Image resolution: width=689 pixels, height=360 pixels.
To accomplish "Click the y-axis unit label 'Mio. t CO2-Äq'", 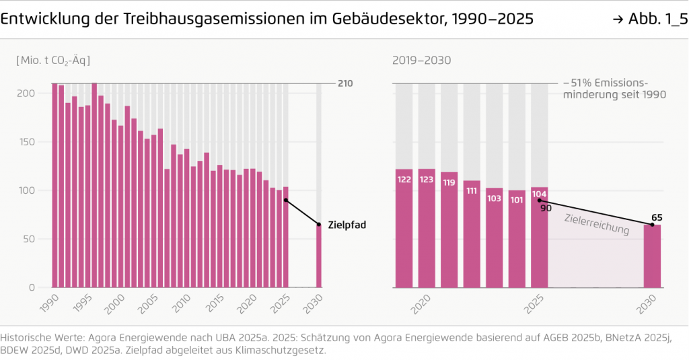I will [53, 60].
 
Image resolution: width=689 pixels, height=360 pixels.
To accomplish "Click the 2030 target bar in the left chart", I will [319, 256].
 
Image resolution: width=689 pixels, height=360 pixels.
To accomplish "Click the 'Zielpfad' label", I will [347, 225].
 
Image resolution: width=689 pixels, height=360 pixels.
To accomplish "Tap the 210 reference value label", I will [344, 83].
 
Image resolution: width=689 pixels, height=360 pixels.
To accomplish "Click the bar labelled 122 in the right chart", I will [404, 229].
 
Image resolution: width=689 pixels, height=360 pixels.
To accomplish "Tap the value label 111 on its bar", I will [472, 191].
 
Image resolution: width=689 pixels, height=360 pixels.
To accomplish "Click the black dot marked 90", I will [540, 200].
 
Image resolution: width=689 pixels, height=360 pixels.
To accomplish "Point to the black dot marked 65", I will [652, 224].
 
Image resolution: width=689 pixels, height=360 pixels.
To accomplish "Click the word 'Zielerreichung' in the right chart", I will [596, 224].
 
